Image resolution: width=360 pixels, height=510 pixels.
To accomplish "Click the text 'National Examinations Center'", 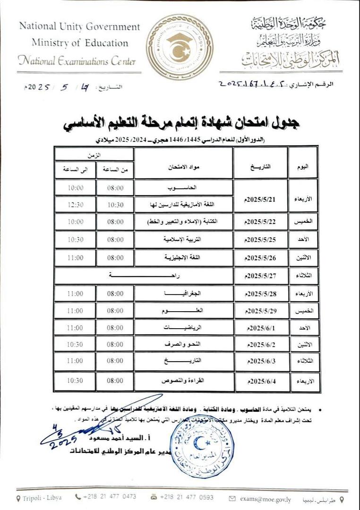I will (77, 60).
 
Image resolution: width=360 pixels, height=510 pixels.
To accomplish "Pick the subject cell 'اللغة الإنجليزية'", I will (184, 258).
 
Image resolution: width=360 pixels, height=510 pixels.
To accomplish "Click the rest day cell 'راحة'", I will (144, 276).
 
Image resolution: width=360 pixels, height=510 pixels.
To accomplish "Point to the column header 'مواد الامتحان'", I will (184, 167).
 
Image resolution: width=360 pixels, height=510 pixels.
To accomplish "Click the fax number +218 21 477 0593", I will (186, 497).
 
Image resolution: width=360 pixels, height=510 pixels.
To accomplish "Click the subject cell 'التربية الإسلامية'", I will (184, 240).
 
